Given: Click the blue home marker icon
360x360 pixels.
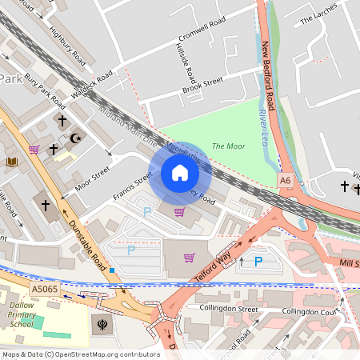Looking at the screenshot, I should (x=180, y=173).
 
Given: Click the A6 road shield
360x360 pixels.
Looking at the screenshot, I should (x=286, y=182).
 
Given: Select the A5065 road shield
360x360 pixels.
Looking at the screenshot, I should (x=45, y=289).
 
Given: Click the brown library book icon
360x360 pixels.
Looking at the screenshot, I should (x=12, y=162).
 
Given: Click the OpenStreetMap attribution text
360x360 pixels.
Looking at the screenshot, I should (x=81, y=354).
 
